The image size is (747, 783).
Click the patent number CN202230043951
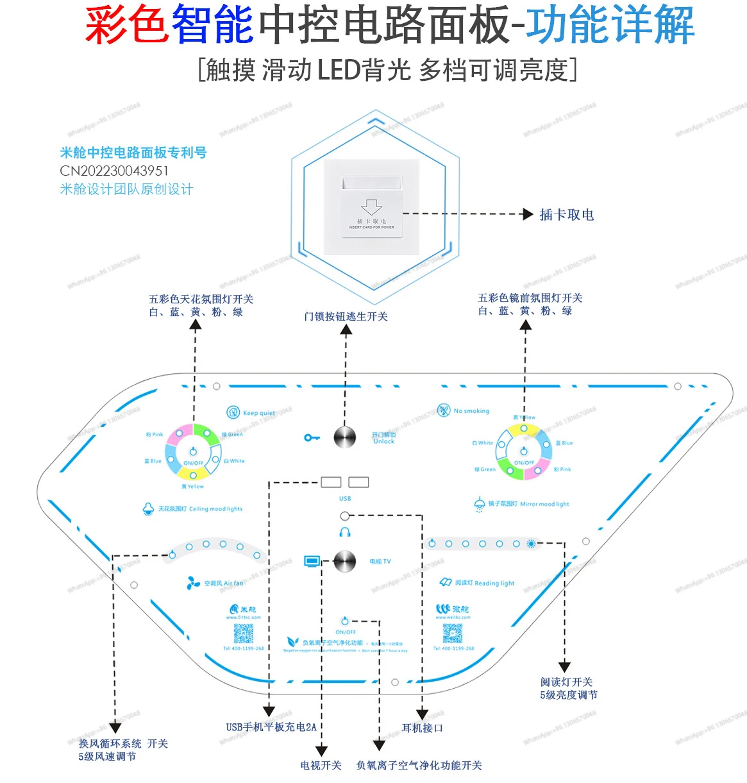(x=114, y=171)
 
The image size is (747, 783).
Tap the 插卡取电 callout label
(x=566, y=215)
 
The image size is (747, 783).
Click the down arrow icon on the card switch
(x=371, y=207)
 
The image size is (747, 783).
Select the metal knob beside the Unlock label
(x=345, y=437)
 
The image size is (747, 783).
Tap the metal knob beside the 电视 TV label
(x=345, y=561)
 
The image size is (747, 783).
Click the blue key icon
(x=312, y=437)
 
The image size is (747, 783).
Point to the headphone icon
(x=345, y=532)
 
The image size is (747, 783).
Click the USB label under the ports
(x=345, y=498)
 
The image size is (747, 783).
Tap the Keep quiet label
(x=259, y=413)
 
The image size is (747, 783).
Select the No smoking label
(x=471, y=411)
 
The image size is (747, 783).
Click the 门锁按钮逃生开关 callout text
(x=346, y=316)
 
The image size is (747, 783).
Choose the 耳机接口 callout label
(x=422, y=728)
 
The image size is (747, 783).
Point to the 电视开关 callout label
(x=321, y=765)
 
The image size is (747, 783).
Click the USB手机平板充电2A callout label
(x=271, y=727)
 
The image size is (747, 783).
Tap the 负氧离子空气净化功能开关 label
(x=419, y=765)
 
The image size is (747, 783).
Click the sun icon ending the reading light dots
(x=531, y=544)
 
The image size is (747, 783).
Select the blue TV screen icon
(x=312, y=561)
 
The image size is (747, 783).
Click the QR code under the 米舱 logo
(x=244, y=634)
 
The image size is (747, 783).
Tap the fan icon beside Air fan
(x=193, y=583)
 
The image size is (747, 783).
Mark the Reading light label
(x=485, y=583)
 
